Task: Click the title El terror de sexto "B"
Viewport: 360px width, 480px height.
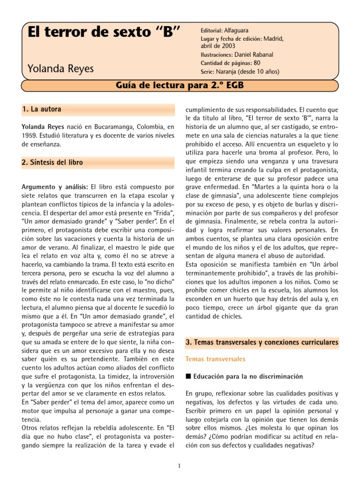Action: [x=104, y=34]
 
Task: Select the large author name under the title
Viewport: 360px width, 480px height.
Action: [x=60, y=68]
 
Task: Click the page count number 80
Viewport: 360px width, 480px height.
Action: [x=257, y=63]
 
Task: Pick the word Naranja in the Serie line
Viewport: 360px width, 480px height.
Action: [x=226, y=72]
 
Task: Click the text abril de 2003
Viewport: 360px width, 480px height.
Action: [x=215, y=46]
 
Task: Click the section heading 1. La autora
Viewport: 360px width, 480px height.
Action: [x=42, y=109]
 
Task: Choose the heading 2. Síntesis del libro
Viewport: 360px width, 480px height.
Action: [x=52, y=162]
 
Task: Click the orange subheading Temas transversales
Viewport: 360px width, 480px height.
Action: [x=215, y=359]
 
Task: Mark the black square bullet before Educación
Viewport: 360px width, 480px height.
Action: [x=188, y=376]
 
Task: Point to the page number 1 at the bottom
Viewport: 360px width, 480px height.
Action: [x=180, y=465]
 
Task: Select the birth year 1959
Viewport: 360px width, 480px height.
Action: [x=29, y=136]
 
